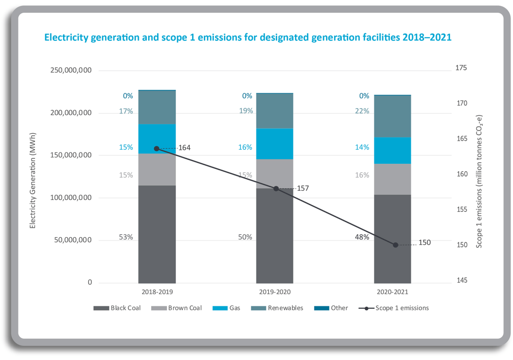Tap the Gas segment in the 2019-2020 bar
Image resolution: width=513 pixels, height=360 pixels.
pyautogui.click(x=275, y=144)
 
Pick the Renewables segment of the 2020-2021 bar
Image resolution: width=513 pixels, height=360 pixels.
pyautogui.click(x=393, y=116)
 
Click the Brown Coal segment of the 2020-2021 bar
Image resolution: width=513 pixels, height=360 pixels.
pyautogui.click(x=393, y=179)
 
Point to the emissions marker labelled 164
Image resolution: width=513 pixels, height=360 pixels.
pyautogui.click(x=157, y=149)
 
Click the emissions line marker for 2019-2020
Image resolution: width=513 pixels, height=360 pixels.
pyautogui.click(x=276, y=189)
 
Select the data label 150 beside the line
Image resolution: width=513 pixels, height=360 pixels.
pyautogui.click(x=424, y=243)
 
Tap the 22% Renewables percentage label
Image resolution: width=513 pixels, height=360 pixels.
pyautogui.click(x=362, y=111)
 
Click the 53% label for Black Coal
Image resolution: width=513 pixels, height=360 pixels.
pyautogui.click(x=126, y=237)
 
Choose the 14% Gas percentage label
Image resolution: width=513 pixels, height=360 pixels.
pyautogui.click(x=362, y=147)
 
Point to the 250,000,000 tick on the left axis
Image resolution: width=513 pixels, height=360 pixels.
pyautogui.click(x=71, y=71)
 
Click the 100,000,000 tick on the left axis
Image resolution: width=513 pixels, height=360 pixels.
pyautogui.click(x=71, y=198)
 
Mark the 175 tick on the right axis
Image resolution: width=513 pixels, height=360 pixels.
pyautogui.click(x=461, y=68)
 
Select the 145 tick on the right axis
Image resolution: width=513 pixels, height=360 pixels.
pyautogui.click(x=461, y=281)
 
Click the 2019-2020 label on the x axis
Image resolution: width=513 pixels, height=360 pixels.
pyautogui.click(x=275, y=292)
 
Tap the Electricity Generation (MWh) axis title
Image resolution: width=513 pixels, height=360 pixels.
pyautogui.click(x=33, y=180)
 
